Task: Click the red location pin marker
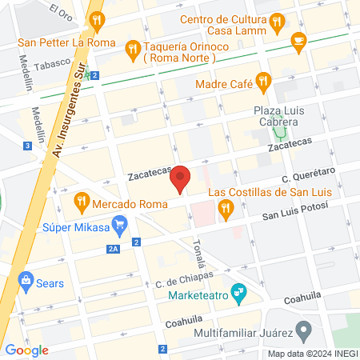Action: (181, 179)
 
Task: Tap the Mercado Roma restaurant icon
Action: (81, 200)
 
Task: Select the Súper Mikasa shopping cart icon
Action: (121, 223)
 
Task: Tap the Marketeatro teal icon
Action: (237, 291)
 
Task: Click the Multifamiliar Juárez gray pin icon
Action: (303, 330)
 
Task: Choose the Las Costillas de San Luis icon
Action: (226, 210)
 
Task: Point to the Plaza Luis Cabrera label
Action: (276, 116)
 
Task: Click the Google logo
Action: (27, 350)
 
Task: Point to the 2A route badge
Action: (112, 249)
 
